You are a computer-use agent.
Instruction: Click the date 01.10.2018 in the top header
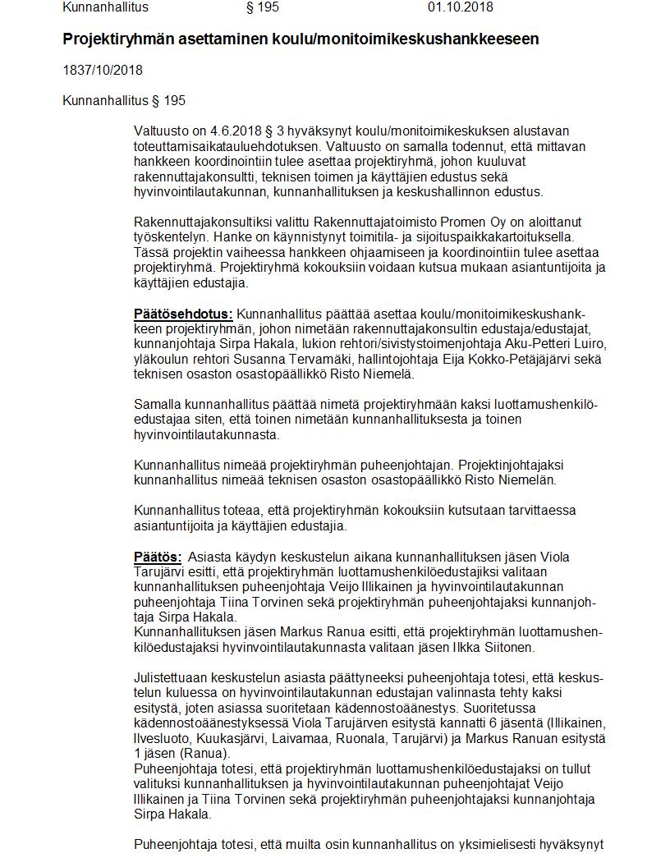460,7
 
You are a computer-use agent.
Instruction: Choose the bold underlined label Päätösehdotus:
183,314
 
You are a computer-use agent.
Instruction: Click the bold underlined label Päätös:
157,557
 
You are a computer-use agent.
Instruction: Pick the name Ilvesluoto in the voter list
162,738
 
